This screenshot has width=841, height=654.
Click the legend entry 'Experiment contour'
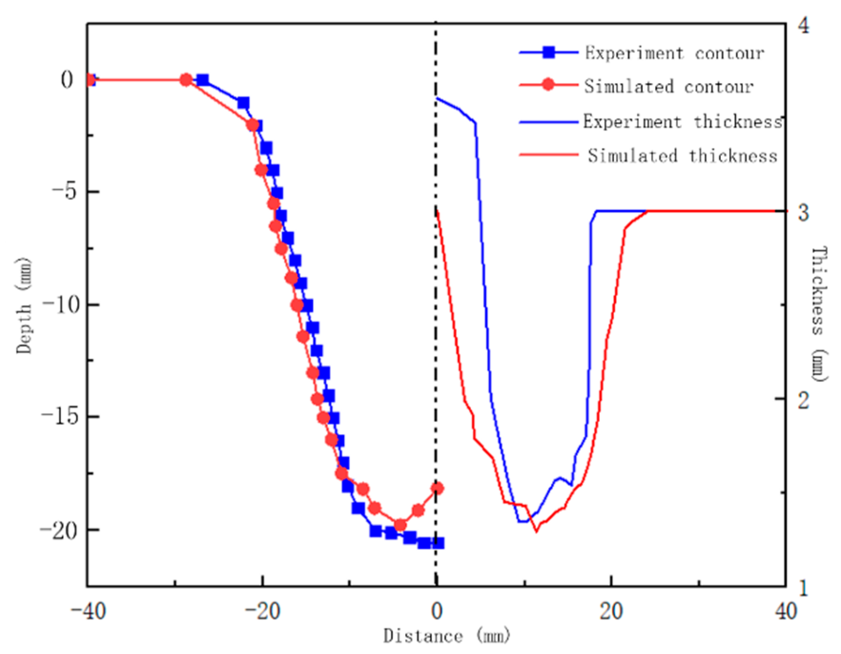674,53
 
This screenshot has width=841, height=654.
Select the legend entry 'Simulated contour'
669,87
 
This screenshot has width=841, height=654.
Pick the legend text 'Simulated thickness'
682,156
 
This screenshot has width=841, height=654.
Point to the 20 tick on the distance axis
612,612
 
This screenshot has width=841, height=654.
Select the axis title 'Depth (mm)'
24,305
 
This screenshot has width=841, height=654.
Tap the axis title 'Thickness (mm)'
818,314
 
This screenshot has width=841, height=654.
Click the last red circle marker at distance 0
437,488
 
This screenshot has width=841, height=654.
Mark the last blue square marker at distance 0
438,543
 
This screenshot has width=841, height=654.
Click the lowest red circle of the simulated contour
400,525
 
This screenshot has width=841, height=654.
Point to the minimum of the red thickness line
537,531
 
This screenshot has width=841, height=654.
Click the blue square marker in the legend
549,52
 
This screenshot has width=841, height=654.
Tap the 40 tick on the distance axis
786,612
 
